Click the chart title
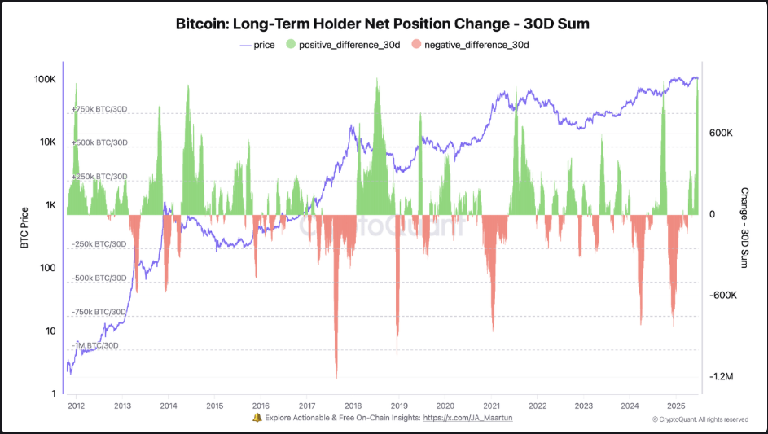pyautogui.click(x=383, y=24)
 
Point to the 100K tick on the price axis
pyautogui.click(x=44, y=80)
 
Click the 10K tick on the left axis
pyautogui.click(x=46, y=142)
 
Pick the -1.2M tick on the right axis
pyautogui.click(x=722, y=377)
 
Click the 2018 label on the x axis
pyautogui.click(x=353, y=406)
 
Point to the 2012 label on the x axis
pyautogui.click(x=76, y=406)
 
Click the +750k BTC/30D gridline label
pyautogui.click(x=99, y=108)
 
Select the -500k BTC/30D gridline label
pyautogui.click(x=99, y=278)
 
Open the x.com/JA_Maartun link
pyautogui.click(x=467, y=418)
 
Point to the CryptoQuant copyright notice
pyautogui.click(x=700, y=419)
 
